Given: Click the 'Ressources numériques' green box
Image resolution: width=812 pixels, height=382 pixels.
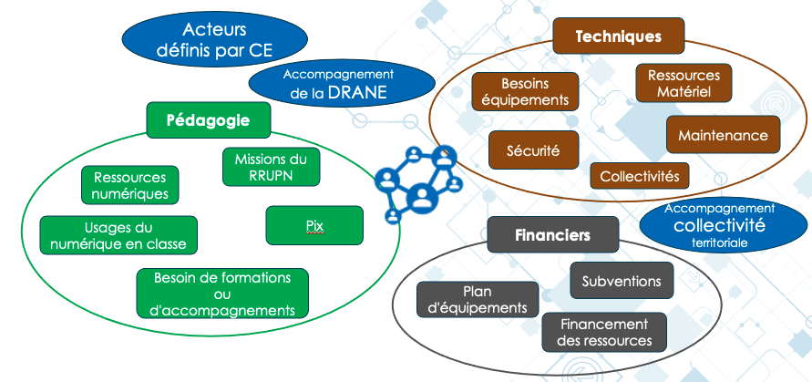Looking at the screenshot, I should click(129, 185).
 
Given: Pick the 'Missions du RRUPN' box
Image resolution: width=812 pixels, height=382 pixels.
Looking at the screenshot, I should click(271, 167).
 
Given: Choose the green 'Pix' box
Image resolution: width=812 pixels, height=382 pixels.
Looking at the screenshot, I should click(314, 224).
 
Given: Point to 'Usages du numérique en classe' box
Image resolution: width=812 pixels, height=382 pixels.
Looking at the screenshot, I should click(118, 235).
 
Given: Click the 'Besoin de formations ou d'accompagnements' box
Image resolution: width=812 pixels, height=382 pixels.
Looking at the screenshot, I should click(222, 294).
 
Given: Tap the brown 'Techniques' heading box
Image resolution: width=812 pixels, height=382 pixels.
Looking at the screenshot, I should click(618, 37).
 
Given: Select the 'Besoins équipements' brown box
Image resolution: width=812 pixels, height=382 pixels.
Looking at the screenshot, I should click(524, 92).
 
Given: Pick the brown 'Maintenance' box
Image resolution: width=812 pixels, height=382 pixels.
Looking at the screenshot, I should click(723, 135).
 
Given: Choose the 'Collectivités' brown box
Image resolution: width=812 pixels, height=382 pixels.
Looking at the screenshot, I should click(639, 175).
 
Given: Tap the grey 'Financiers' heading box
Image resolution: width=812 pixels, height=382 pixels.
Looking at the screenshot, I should click(552, 235).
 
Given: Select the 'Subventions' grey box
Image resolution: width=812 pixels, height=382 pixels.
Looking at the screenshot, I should click(622, 280).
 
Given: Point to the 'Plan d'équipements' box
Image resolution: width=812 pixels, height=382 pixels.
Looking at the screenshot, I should click(477, 299).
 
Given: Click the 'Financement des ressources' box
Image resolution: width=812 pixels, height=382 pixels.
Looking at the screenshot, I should click(604, 332).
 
